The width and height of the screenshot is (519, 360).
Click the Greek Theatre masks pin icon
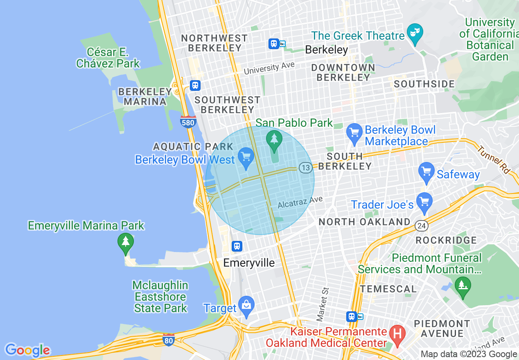(x=415, y=32)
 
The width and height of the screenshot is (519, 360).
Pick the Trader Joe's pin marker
(x=424, y=202)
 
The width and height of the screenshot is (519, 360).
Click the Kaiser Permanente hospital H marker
(x=397, y=333)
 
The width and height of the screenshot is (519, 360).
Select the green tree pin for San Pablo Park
(x=274, y=139)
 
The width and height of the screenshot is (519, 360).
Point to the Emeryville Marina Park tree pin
(x=125, y=242)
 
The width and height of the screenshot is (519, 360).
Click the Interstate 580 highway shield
(x=188, y=122)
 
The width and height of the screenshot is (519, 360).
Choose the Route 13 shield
(x=305, y=167)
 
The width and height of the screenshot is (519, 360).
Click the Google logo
(x=27, y=350)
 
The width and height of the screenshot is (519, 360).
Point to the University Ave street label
(x=269, y=68)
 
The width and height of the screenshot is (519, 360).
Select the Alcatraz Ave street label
(x=300, y=202)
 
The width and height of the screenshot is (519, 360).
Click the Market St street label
(x=323, y=304)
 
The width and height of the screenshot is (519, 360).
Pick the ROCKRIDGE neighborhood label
(x=446, y=240)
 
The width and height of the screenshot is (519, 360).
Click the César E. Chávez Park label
(x=108, y=58)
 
